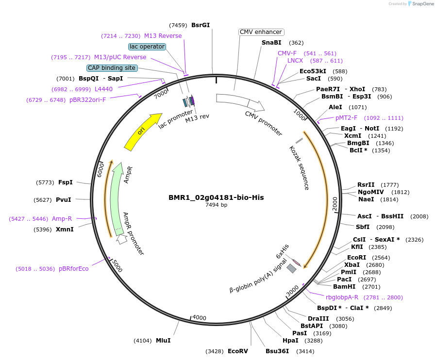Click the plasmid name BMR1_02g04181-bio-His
216,197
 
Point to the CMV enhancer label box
261,32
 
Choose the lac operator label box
147,47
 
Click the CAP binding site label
112,68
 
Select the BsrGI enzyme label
201,25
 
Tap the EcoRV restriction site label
237,351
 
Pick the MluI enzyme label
163,341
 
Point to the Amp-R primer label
62,219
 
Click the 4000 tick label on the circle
199,318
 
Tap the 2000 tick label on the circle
335,204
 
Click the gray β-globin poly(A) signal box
291,268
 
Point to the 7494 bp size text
216,205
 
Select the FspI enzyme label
65,182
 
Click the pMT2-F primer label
346,118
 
